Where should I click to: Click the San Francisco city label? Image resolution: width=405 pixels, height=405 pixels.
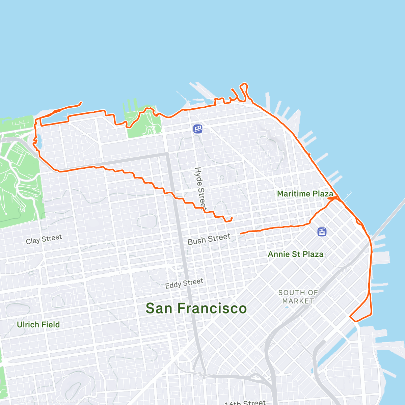click(x=196, y=308)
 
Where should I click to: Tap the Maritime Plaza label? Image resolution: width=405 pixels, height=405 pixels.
click(x=305, y=194)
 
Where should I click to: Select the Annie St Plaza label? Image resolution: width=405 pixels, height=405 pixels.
click(x=295, y=254)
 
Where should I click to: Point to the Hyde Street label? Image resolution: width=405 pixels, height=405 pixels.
click(x=200, y=188)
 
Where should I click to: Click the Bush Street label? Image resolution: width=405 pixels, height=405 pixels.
click(x=209, y=239)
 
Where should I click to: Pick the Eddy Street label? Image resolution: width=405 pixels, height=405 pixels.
click(x=184, y=283)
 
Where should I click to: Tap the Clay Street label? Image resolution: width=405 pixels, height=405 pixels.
click(x=44, y=239)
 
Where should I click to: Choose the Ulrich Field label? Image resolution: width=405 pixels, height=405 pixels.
click(x=38, y=325)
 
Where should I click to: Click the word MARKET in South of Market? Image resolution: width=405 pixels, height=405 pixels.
click(x=298, y=301)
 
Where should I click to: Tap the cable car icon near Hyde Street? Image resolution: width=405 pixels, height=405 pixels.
click(x=198, y=129)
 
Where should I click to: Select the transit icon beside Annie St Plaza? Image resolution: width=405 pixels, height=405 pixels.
click(x=322, y=232)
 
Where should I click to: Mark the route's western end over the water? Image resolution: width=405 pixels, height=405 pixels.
click(x=81, y=102)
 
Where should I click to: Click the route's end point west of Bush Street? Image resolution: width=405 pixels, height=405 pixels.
click(x=241, y=234)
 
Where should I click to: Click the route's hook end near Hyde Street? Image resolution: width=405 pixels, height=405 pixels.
click(x=232, y=218)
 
